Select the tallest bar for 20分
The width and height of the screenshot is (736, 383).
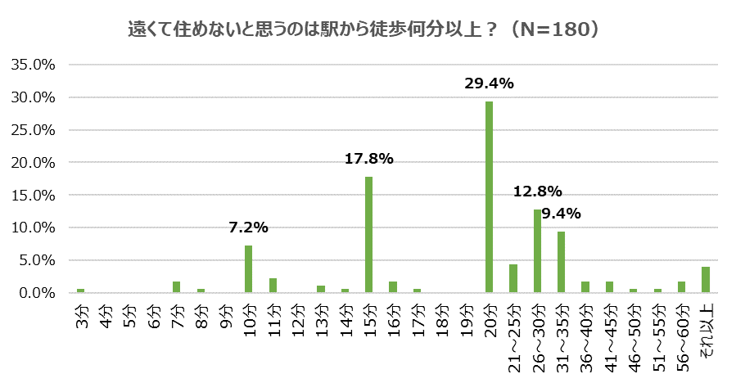click(489, 196)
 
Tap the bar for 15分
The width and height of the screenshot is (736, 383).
click(368, 235)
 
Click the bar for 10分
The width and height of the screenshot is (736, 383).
click(248, 268)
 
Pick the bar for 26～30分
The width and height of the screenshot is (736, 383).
click(537, 251)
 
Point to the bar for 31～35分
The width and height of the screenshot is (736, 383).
click(561, 262)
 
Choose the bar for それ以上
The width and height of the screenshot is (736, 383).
click(706, 280)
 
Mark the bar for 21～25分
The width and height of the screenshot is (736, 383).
click(513, 278)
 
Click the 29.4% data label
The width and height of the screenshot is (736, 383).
click(489, 83)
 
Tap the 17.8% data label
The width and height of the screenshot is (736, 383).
click(368, 159)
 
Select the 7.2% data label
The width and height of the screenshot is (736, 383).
click(248, 228)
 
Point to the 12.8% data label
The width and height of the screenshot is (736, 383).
click(537, 192)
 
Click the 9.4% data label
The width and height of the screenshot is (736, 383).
click(561, 214)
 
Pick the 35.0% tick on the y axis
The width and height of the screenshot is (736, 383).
click(32, 65)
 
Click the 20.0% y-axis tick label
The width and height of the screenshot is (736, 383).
click(32, 163)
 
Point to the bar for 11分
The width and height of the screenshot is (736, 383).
click(273, 285)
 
